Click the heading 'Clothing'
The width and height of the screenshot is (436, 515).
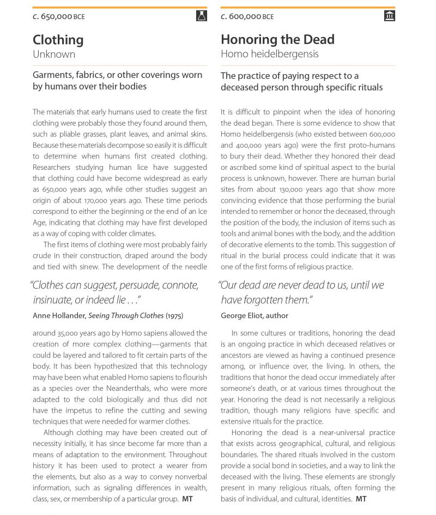pyautogui.click(x=58, y=40)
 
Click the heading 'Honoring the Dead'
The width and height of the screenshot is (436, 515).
pyautogui.click(x=277, y=40)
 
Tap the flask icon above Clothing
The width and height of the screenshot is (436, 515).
pyautogui.click(x=202, y=16)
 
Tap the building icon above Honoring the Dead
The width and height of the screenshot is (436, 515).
pyautogui.click(x=389, y=16)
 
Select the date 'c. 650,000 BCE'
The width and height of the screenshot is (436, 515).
pyautogui.click(x=59, y=17)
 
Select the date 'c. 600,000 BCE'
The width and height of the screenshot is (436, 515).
pyautogui.click(x=247, y=17)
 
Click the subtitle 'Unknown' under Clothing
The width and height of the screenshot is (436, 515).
pyautogui.click(x=54, y=54)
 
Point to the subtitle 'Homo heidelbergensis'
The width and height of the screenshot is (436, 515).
pyautogui.click(x=269, y=54)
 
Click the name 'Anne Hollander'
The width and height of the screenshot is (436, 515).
pyautogui.click(x=59, y=316)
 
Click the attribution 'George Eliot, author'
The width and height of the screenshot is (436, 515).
pyautogui.click(x=255, y=316)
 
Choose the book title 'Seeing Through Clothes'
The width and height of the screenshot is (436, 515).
pyautogui.click(x=126, y=316)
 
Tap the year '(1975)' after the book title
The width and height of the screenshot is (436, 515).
pyautogui.click(x=174, y=316)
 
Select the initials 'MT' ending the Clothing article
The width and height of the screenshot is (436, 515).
pyautogui.click(x=187, y=499)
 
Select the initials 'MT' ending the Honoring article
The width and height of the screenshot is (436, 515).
pyautogui.click(x=361, y=499)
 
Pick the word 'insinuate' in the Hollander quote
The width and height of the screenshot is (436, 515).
pyautogui.click(x=53, y=300)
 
